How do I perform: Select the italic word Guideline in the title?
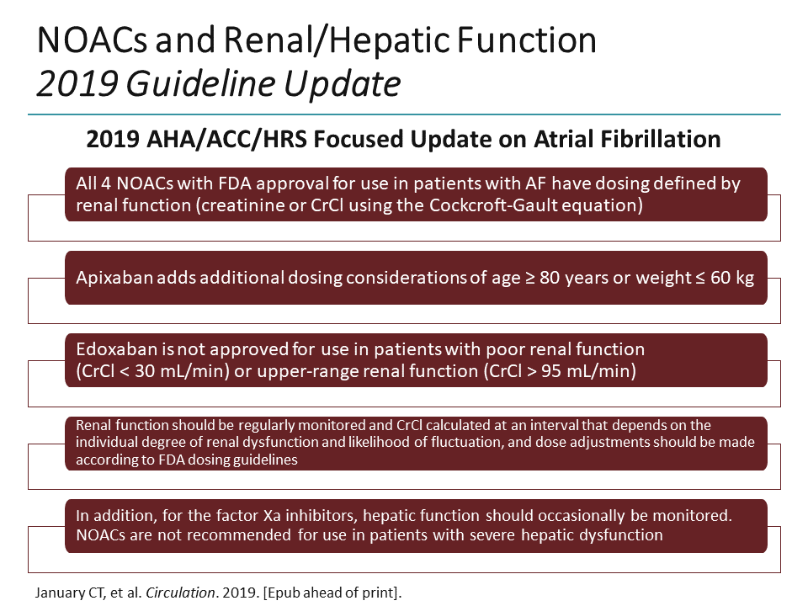coord(203,83)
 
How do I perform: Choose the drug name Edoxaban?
coord(111,349)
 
